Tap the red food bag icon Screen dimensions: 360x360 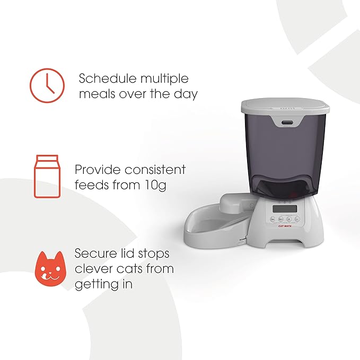[47, 177]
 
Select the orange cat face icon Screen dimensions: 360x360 [50, 269]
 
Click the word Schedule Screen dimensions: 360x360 [108, 78]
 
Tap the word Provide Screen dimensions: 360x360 [98, 170]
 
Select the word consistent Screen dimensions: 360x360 [155, 170]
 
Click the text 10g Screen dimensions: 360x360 [155, 186]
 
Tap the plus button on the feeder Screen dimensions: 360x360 [289, 219]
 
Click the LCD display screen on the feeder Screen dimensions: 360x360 [285, 209]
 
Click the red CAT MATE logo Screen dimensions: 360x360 [285, 226]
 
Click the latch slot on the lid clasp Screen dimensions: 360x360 [288, 122]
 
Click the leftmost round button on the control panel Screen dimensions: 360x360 [273, 219]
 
